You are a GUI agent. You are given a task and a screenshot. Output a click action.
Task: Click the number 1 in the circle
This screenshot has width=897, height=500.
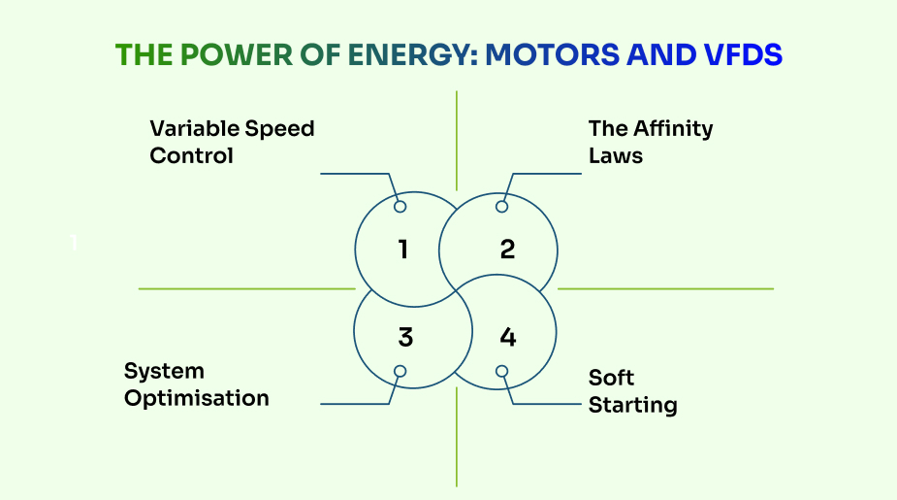point(402,250)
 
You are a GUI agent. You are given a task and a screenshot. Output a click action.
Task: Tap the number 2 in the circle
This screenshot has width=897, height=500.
point(507,250)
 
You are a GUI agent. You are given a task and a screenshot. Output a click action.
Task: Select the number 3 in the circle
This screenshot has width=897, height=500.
point(405,337)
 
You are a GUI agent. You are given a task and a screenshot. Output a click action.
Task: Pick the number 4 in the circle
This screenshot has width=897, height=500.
point(507,337)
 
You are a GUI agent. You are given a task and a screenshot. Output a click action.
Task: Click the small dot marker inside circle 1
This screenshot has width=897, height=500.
point(400,207)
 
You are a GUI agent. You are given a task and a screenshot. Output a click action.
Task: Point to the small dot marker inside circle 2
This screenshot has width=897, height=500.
point(501,207)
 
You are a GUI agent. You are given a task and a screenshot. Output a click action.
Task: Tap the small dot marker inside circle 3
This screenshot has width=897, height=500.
point(399,371)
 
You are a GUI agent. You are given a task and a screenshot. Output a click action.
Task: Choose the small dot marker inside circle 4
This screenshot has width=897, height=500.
point(502,371)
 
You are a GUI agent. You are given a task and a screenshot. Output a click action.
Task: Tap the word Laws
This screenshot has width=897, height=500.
point(615,155)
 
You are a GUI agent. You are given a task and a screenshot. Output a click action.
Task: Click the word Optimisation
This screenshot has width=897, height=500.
point(196,398)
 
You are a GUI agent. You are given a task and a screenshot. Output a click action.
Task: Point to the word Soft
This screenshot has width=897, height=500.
point(611,378)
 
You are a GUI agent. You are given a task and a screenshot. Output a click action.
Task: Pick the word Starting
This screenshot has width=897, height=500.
point(632,405)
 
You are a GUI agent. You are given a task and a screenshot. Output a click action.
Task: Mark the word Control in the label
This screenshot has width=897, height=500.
point(191,155)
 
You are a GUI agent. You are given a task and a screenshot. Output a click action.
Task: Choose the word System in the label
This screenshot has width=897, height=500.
point(164,371)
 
